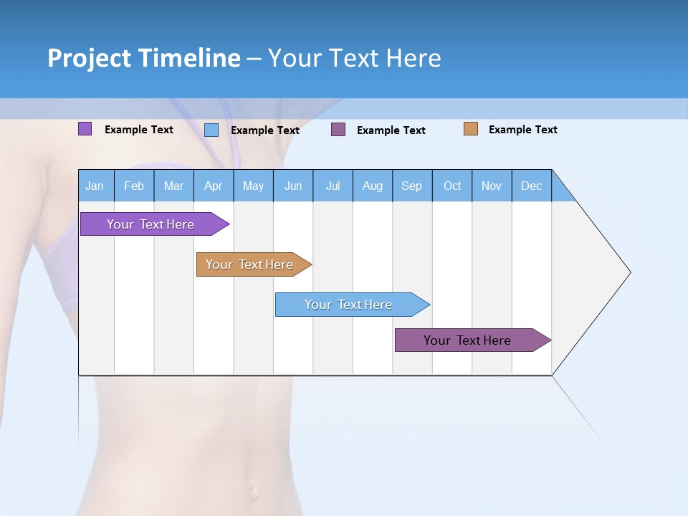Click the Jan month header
pos(95,186)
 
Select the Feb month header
pos(134,186)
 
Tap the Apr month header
pos(213,186)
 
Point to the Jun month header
pos(292,186)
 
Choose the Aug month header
pos(372,186)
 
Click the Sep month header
pos(411,186)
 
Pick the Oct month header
pos(451,186)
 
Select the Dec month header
pos(531,186)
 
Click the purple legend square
pos(85,129)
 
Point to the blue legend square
pos(211,130)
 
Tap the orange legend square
pos(470,129)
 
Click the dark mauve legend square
pos(338,130)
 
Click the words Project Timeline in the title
pos(143,58)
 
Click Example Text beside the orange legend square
pos(522,130)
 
